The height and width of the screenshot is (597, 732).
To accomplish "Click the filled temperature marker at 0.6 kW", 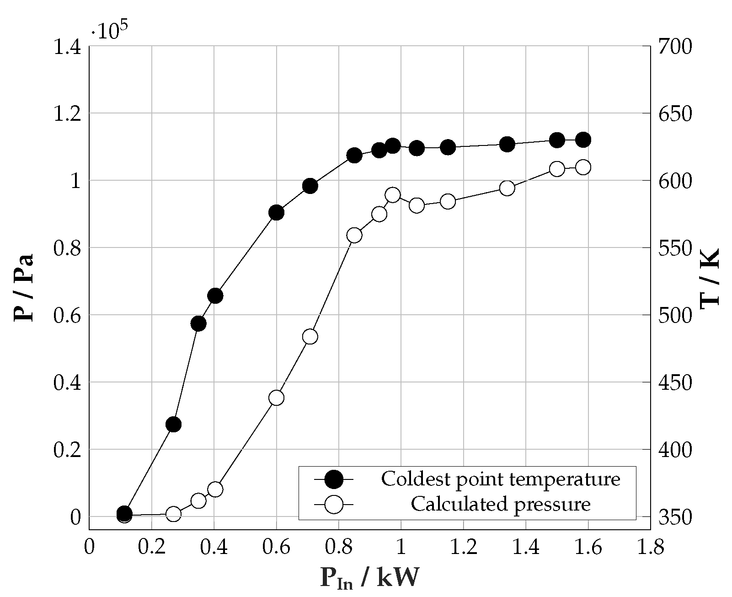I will (x=276, y=213).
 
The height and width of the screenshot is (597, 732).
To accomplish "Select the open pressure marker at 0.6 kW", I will (x=276, y=398).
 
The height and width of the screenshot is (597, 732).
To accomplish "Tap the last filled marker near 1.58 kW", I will (x=583, y=140).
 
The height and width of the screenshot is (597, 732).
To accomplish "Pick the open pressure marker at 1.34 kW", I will (x=507, y=188).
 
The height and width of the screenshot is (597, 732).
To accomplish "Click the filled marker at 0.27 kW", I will (x=173, y=425).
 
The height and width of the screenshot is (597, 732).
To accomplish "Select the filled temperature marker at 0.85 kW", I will (x=354, y=156).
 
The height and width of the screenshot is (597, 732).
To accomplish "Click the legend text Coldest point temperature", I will (x=501, y=479).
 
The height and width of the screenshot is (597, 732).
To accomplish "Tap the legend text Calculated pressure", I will (x=501, y=504).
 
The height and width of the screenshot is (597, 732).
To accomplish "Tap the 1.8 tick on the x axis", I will (x=650, y=548).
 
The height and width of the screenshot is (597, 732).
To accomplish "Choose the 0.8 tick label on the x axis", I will (x=338, y=548).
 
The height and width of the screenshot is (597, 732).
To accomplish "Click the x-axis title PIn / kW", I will (x=369, y=579).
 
